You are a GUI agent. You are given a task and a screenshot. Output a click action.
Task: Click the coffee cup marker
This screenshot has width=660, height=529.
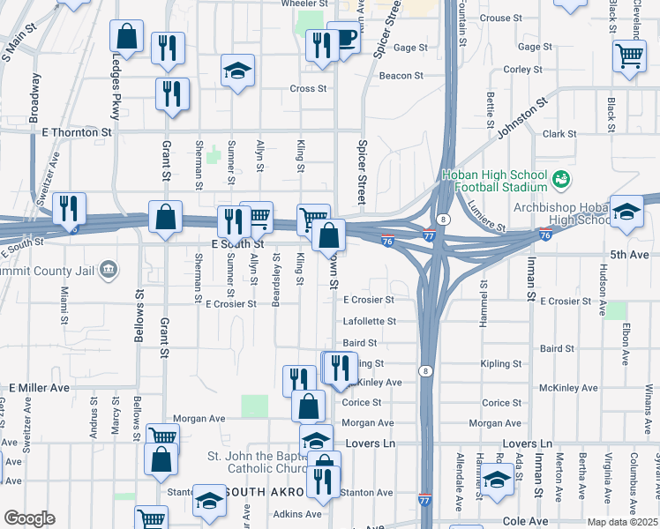[x=344, y=38]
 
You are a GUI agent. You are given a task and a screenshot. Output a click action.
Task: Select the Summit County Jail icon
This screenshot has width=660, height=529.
[x=109, y=268]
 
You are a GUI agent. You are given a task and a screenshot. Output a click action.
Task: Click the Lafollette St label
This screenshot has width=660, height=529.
[x=368, y=322]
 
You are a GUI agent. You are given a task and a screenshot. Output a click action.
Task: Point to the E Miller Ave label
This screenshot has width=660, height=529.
[x=39, y=388]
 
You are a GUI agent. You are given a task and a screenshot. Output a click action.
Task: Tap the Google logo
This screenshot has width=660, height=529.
[x=29, y=518]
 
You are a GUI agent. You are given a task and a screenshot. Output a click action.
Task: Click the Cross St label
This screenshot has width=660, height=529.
[x=308, y=89]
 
